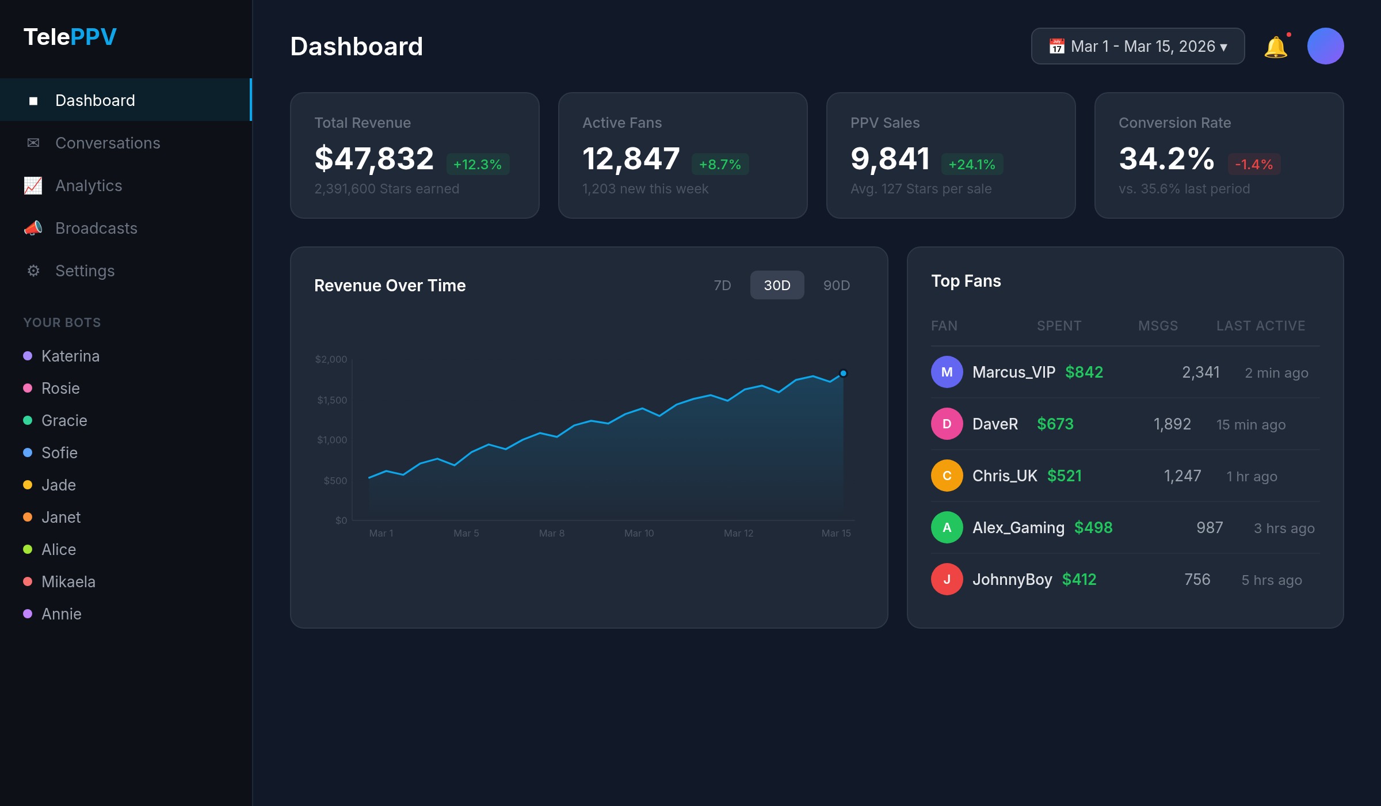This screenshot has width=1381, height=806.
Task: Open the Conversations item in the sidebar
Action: point(108,143)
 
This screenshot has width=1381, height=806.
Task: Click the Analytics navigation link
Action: point(89,185)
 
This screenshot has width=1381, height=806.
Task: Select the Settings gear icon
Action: point(33,271)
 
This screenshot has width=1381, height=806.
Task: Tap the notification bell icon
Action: point(1275,47)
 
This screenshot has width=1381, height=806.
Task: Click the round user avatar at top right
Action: point(1325,46)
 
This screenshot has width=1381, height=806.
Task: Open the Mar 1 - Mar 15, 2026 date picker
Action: point(1138,46)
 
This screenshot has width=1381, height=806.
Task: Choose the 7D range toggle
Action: point(722,285)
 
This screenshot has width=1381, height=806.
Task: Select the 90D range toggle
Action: point(836,285)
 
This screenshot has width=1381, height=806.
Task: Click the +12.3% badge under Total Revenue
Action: point(477,164)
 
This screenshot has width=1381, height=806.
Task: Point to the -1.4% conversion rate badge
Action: point(1254,164)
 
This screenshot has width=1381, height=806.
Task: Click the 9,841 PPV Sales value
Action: point(890,158)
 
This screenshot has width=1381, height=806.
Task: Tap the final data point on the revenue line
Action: point(843,373)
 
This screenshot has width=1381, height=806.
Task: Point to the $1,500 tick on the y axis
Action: point(332,400)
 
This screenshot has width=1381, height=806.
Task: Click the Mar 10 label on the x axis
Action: point(639,533)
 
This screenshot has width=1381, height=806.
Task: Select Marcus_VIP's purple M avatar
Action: point(947,372)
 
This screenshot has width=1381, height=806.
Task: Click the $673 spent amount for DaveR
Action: point(1055,424)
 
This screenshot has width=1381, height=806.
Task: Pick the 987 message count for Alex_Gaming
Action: point(1209,527)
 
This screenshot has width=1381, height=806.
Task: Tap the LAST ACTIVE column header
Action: point(1260,325)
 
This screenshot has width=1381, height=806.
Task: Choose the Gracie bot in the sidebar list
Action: point(64,420)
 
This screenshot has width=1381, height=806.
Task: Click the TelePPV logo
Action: point(70,37)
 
